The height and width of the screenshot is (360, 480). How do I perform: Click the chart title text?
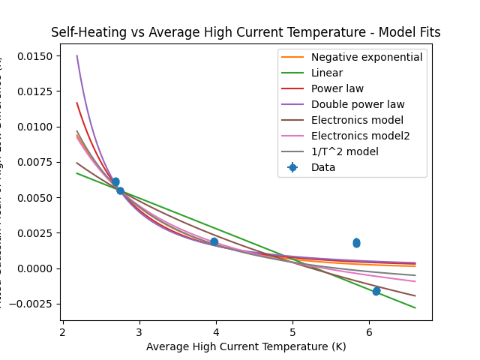coord(245,32)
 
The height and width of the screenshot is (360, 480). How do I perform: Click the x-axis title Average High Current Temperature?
coord(246,346)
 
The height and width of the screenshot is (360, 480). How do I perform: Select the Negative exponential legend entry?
coord(367,57)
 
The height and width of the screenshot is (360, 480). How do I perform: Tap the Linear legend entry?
coord(327,73)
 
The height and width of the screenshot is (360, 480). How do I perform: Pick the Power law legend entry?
coord(337,88)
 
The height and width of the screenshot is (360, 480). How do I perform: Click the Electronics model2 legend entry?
coord(360,136)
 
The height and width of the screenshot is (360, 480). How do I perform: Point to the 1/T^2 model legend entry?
coord(344,151)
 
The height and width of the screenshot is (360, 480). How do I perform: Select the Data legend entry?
coord(323,167)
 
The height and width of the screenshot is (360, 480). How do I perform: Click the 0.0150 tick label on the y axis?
coord(37,56)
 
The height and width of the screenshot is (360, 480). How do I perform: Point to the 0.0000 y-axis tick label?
coord(37,268)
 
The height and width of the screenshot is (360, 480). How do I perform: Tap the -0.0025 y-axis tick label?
coord(34,304)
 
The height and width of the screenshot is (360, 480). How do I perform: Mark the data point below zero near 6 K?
coord(376,291)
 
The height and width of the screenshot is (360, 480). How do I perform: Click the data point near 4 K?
coord(214,241)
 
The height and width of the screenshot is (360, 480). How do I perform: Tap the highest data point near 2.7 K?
coord(115,181)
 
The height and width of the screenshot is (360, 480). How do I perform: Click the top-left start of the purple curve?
coord(76,55)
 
